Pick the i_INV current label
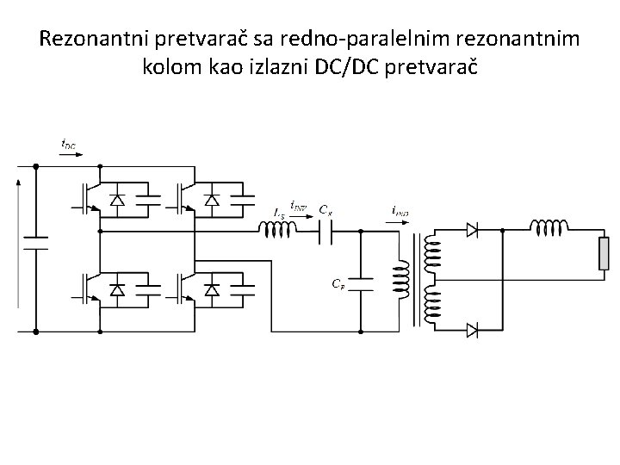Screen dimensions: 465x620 (298, 205)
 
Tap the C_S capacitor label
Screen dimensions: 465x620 (325, 208)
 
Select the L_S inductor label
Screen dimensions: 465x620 (278, 212)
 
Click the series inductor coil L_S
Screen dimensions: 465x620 (277, 230)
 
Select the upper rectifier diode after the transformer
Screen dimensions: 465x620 (471, 230)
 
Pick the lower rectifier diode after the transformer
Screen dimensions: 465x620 (471, 330)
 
